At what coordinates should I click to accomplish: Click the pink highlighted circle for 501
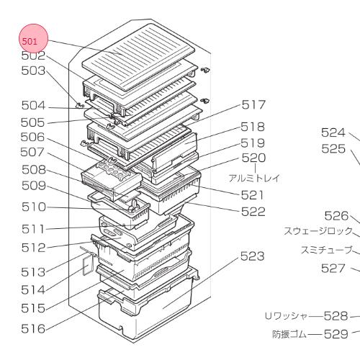pyautogui.click(x=34, y=38)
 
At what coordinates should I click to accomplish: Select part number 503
pyautogui.click(x=33, y=71)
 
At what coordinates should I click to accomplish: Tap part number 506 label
pyautogui.click(x=32, y=138)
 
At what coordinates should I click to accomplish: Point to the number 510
pyautogui.click(x=34, y=207)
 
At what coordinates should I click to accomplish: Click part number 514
pyautogui.click(x=33, y=290)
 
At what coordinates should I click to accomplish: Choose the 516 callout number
pyautogui.click(x=33, y=328)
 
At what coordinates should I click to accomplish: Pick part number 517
pyautogui.click(x=253, y=105)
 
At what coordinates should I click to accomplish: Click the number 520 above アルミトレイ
pyautogui.click(x=253, y=158)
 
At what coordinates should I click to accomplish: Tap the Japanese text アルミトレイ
pyautogui.click(x=254, y=179)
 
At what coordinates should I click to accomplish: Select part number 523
pyautogui.click(x=253, y=256)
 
